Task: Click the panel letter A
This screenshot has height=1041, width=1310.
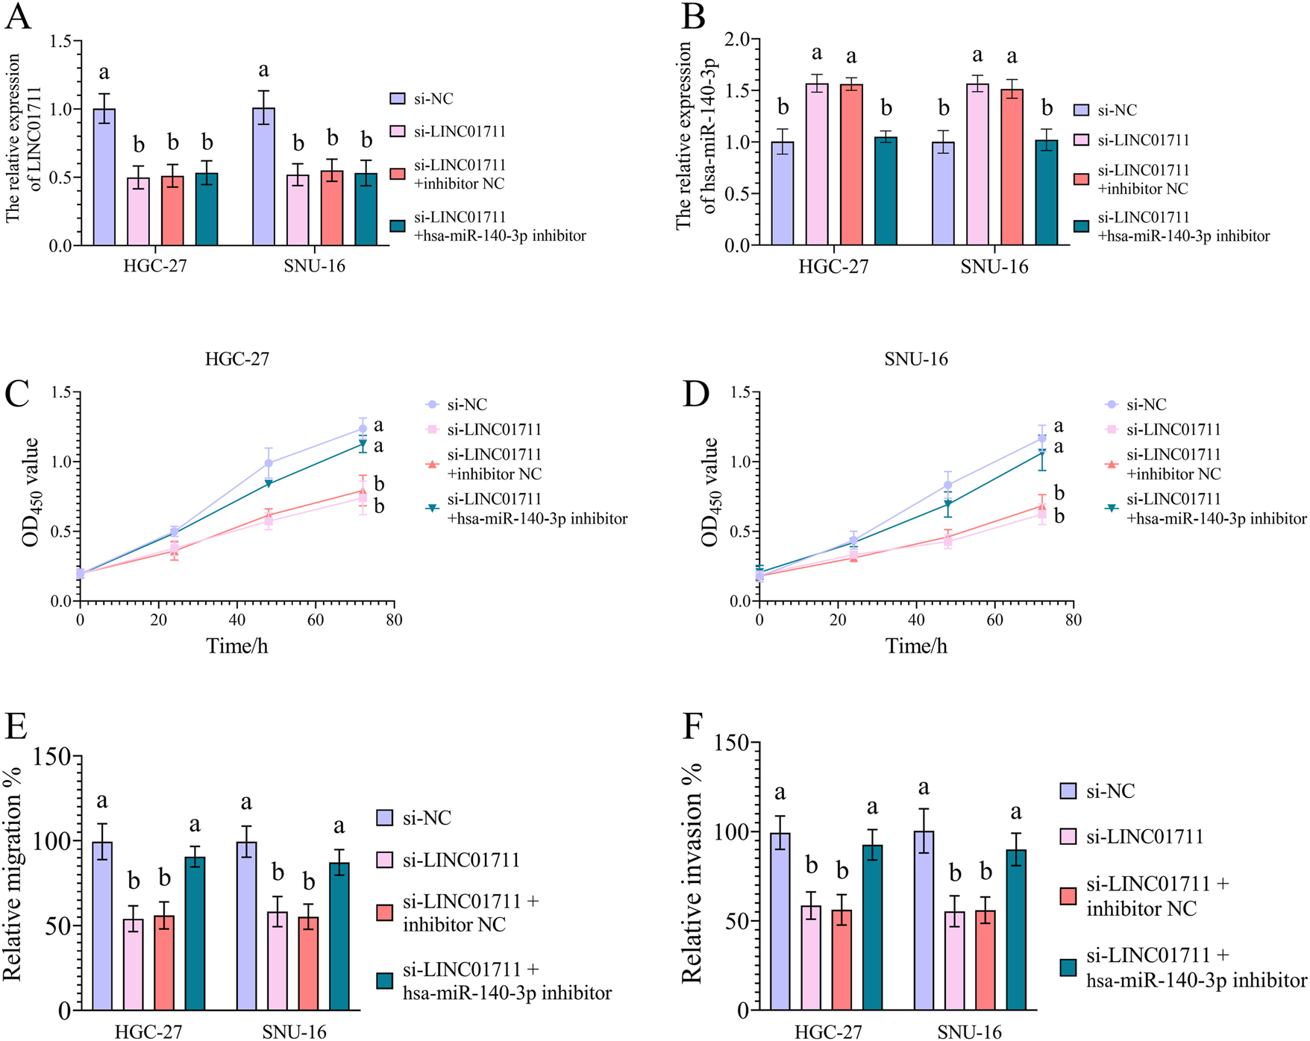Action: [x=18, y=16]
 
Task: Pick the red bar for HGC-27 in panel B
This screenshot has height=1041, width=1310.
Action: [x=851, y=165]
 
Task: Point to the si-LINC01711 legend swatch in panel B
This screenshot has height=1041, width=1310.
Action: [x=1081, y=140]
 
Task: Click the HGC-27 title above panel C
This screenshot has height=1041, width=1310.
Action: [x=237, y=359]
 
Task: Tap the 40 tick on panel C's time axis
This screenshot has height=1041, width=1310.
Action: [x=237, y=620]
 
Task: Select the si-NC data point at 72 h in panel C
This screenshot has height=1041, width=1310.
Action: [x=363, y=429]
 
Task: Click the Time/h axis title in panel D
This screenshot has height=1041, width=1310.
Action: [x=916, y=646]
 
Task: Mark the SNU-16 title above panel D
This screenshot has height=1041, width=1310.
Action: [x=916, y=359]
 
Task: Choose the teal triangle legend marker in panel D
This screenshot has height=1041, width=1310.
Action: [x=1112, y=508]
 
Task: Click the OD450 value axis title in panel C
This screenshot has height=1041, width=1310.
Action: [x=31, y=493]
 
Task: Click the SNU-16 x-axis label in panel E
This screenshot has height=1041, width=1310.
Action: [x=294, y=1032]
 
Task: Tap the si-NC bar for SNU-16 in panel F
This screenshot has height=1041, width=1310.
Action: [x=924, y=921]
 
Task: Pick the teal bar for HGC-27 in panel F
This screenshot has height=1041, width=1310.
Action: [x=871, y=928]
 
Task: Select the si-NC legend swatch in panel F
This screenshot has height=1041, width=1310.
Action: [x=1068, y=791]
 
